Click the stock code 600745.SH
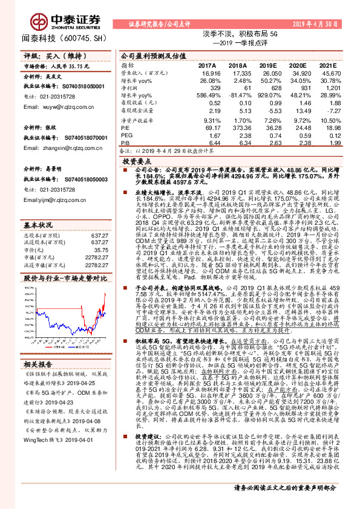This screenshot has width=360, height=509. click(84, 38)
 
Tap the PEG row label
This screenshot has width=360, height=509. click(126, 136)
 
